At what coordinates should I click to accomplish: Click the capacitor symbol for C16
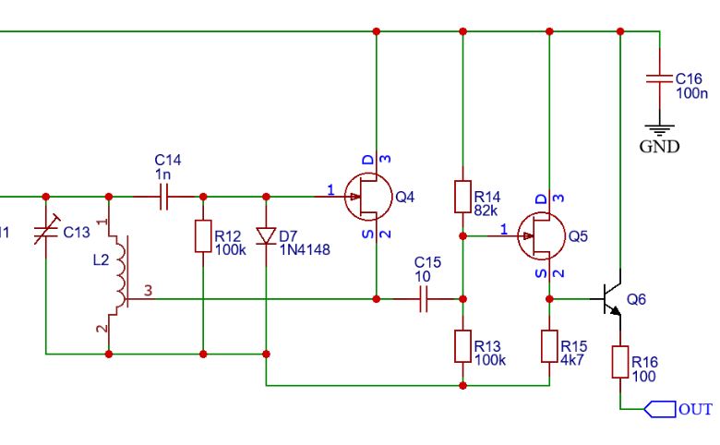pyautogui.click(x=659, y=78)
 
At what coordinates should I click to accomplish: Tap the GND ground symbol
pyautogui.click(x=659, y=130)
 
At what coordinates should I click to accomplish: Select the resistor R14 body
pyautogui.click(x=463, y=197)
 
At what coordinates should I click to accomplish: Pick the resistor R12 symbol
pyautogui.click(x=202, y=236)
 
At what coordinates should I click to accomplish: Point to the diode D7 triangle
pyautogui.click(x=266, y=236)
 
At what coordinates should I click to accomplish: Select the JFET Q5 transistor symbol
pyautogui.click(x=540, y=236)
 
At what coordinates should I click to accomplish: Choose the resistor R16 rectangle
pyautogui.click(x=619, y=361)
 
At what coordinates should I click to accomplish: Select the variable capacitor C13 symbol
pyautogui.click(x=45, y=232)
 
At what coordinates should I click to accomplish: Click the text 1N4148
pyautogui.click(x=304, y=250)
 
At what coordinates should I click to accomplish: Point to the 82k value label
pyautogui.click(x=486, y=210)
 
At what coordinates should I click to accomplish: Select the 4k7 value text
pyautogui.click(x=572, y=359)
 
